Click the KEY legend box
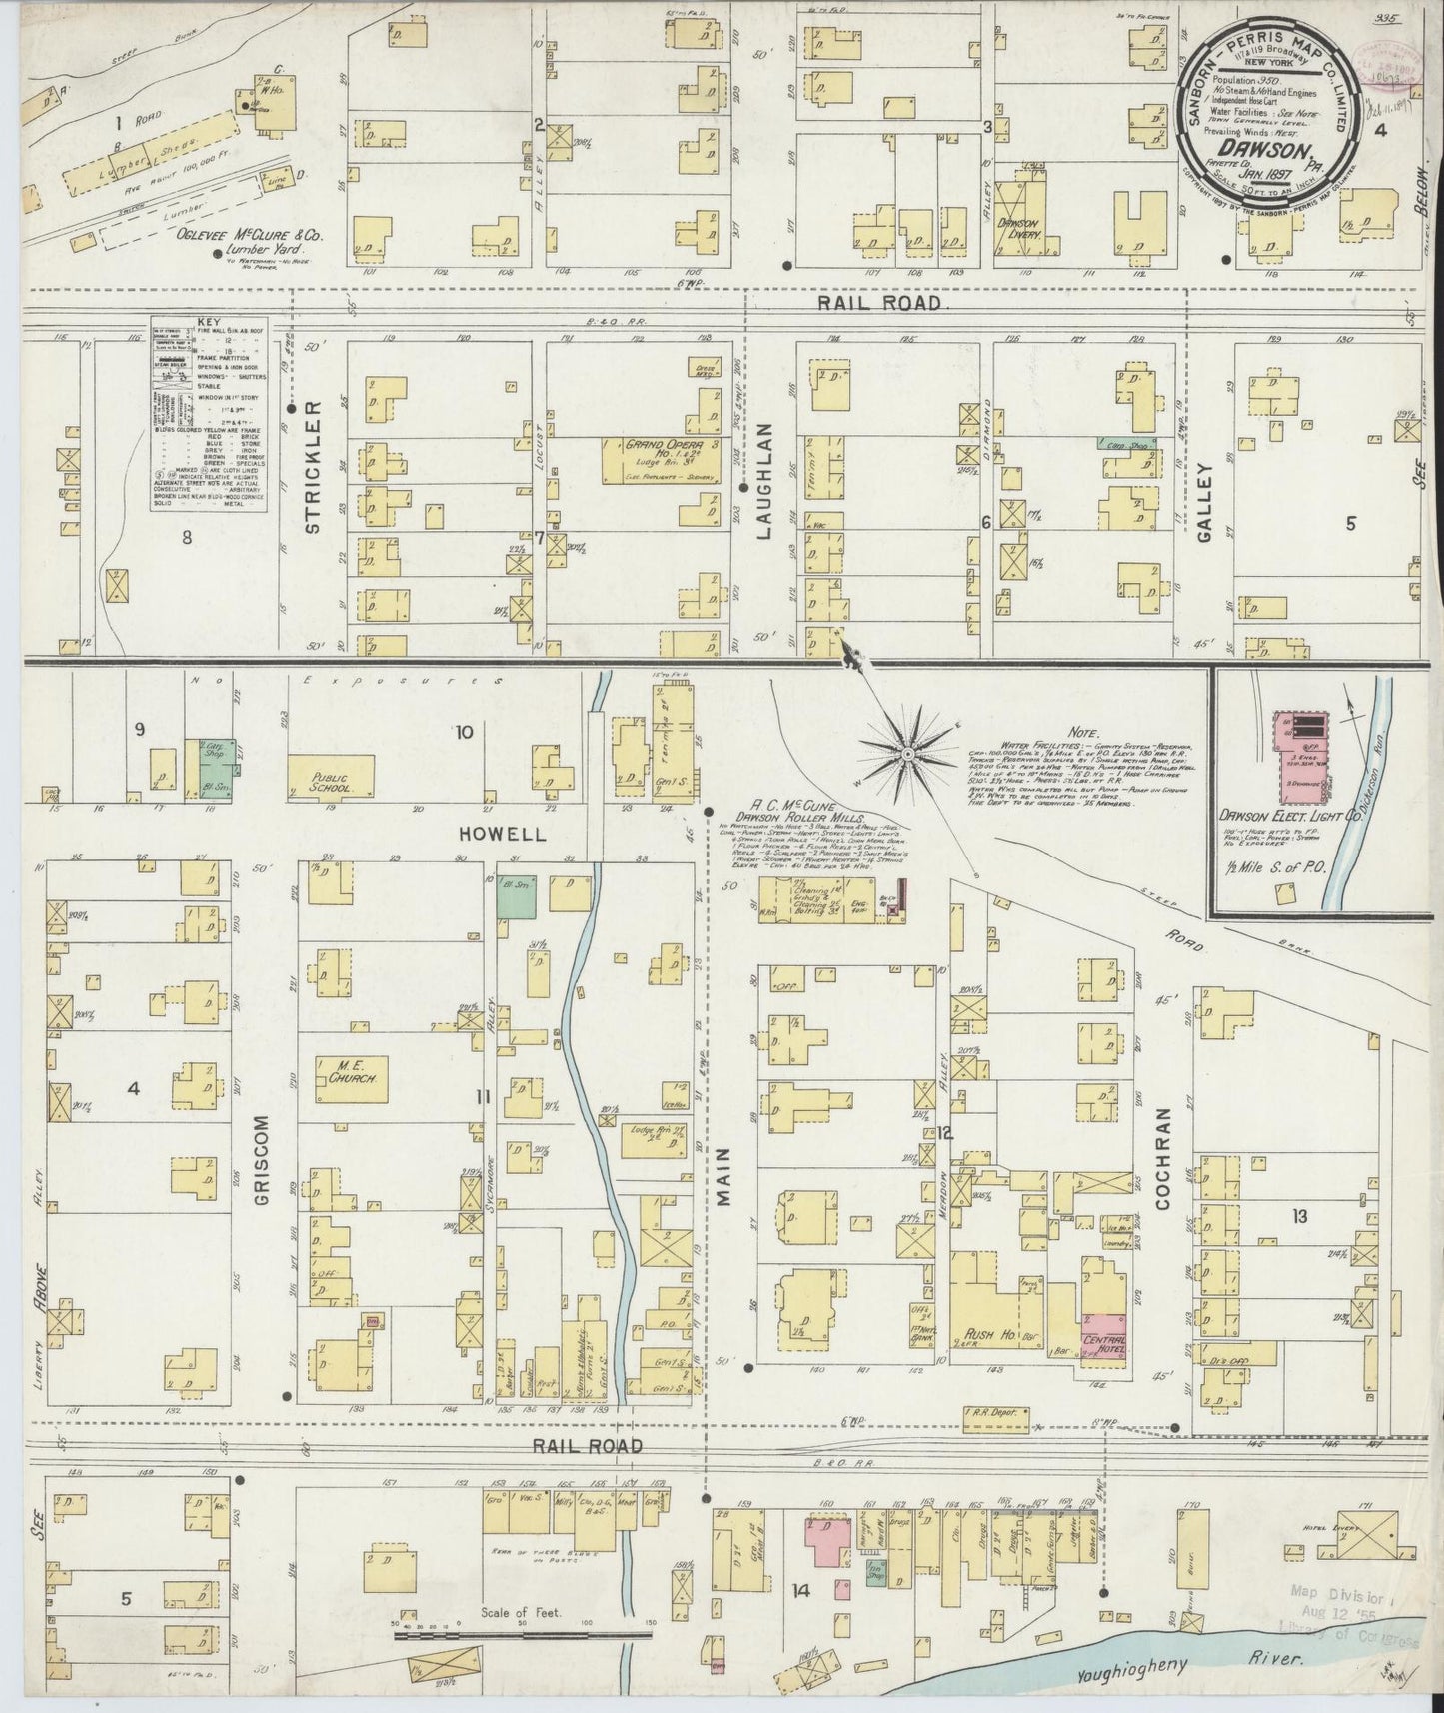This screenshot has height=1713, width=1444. pos(210,413)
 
